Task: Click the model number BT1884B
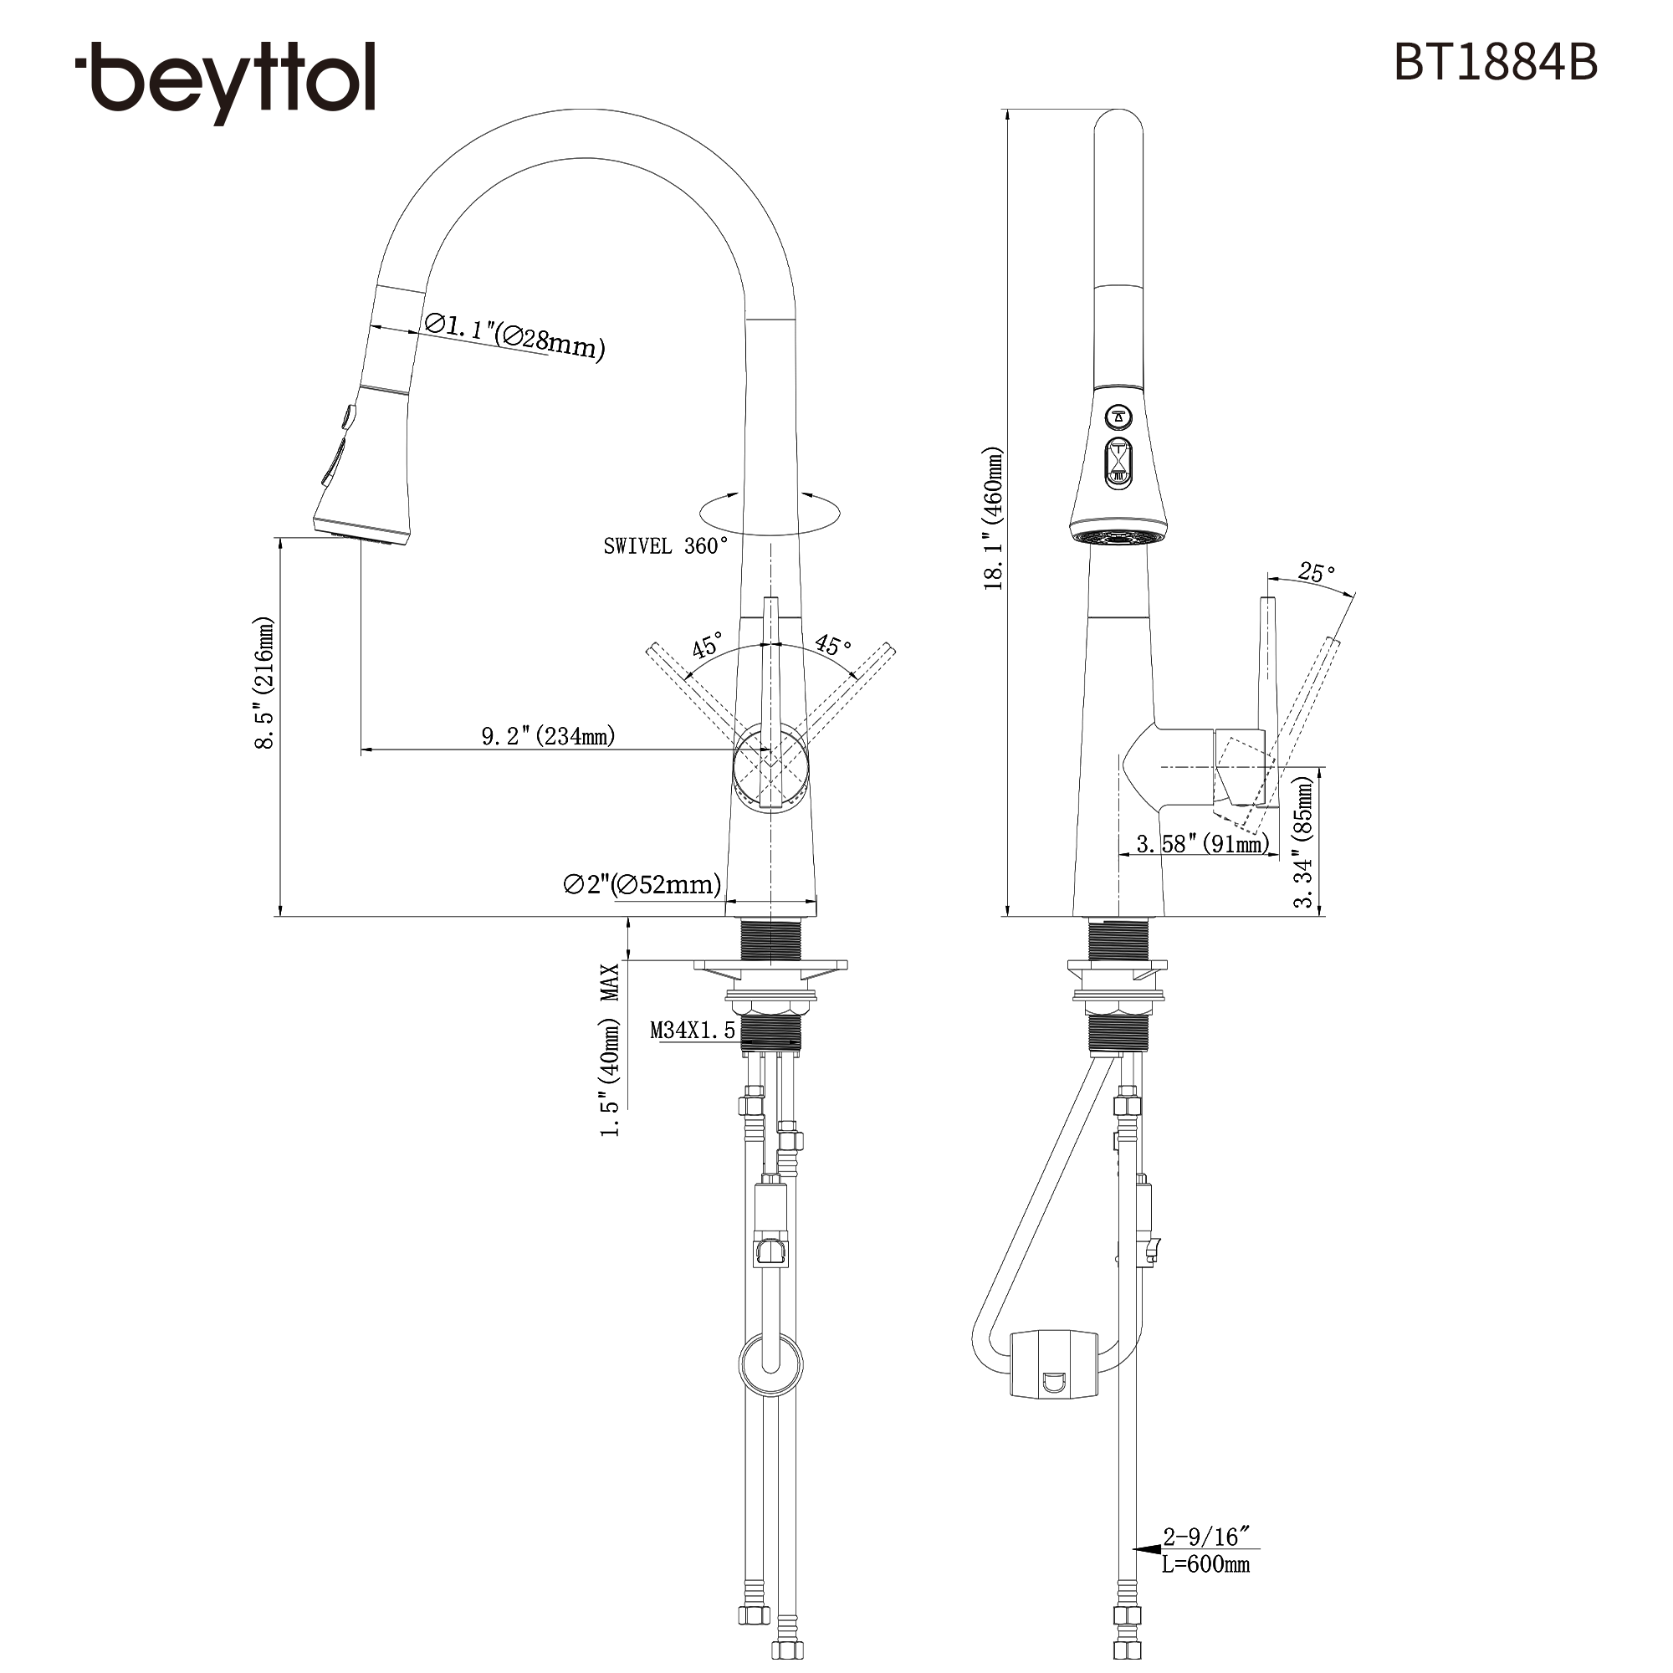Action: coord(1495,63)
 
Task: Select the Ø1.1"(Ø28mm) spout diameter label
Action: coord(514,336)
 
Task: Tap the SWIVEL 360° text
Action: coord(665,546)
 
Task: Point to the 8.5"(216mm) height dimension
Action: coord(263,683)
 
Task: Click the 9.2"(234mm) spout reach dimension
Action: coord(548,736)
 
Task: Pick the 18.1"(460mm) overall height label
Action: coord(993,518)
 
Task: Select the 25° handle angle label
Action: coord(1316,573)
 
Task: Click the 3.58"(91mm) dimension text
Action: coord(1203,843)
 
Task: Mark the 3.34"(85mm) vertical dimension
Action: coord(1303,841)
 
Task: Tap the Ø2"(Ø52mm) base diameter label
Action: coord(642,884)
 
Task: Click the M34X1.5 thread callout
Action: coord(692,1031)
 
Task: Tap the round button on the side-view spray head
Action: coord(1118,417)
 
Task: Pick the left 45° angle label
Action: coord(706,646)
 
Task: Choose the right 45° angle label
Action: coord(833,645)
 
